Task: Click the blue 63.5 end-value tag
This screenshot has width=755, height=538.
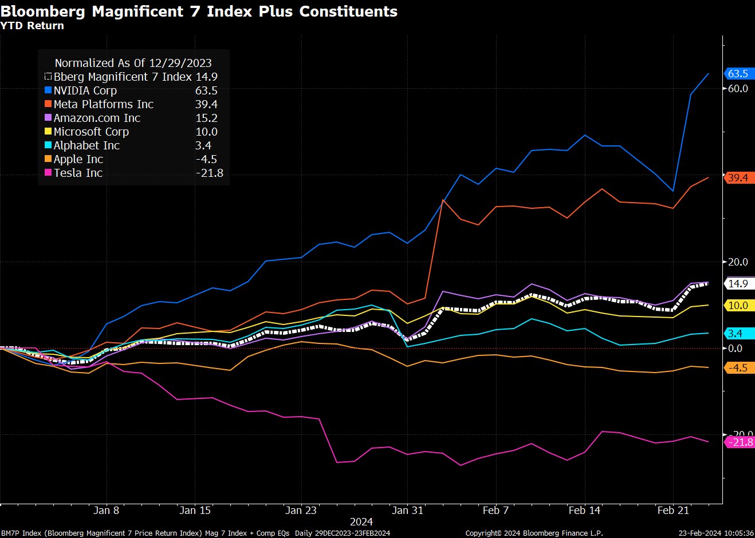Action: pos(739,74)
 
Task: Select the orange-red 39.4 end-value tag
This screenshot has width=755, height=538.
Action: pos(739,178)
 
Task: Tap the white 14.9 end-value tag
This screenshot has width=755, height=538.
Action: pos(739,284)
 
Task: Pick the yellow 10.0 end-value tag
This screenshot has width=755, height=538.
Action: pos(739,306)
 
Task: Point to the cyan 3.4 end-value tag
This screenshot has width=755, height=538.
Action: pos(739,334)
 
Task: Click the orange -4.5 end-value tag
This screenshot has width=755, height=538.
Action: pos(739,368)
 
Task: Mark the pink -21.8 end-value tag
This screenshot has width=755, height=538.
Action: pos(740,442)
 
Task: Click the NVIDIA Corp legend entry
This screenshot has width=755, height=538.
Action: pos(85,90)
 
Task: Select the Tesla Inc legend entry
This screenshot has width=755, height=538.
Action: pos(78,173)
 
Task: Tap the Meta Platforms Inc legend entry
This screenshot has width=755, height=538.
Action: pos(103,104)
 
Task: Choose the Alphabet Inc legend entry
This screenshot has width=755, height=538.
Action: pos(86,145)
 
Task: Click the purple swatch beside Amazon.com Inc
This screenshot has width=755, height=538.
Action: pos(48,118)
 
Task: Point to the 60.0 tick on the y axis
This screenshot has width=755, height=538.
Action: pos(738,89)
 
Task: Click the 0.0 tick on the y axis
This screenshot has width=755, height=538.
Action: pos(735,349)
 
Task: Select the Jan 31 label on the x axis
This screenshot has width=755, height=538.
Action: pos(407,511)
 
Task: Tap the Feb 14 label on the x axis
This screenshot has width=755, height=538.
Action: pos(584,511)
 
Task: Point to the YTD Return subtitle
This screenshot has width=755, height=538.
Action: pos(32,26)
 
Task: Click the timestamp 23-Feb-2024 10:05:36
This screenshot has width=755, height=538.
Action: pos(716,533)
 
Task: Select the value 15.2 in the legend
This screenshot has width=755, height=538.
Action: pos(206,118)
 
